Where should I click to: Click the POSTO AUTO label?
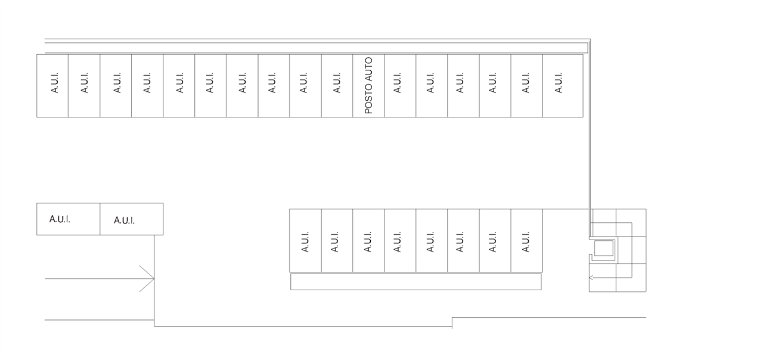(368, 85)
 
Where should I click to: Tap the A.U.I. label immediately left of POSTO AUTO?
(337, 83)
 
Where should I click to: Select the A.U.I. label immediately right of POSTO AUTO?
(397, 83)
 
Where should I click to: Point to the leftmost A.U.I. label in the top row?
(54, 83)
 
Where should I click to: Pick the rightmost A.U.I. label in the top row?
(559, 83)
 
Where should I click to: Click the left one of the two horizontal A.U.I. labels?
(60, 219)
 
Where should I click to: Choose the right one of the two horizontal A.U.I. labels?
(125, 221)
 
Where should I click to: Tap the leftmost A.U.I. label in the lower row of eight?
(305, 242)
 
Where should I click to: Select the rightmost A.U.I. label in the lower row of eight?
(526, 242)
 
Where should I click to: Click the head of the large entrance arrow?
(153, 278)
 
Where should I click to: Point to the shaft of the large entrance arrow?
(100, 278)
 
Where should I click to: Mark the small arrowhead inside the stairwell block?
(591, 278)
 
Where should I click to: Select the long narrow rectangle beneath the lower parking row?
(416, 282)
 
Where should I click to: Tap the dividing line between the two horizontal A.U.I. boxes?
(100, 219)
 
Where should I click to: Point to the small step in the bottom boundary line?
(452, 322)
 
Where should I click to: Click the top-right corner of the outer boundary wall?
(590, 39)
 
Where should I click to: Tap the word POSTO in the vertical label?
(368, 99)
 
